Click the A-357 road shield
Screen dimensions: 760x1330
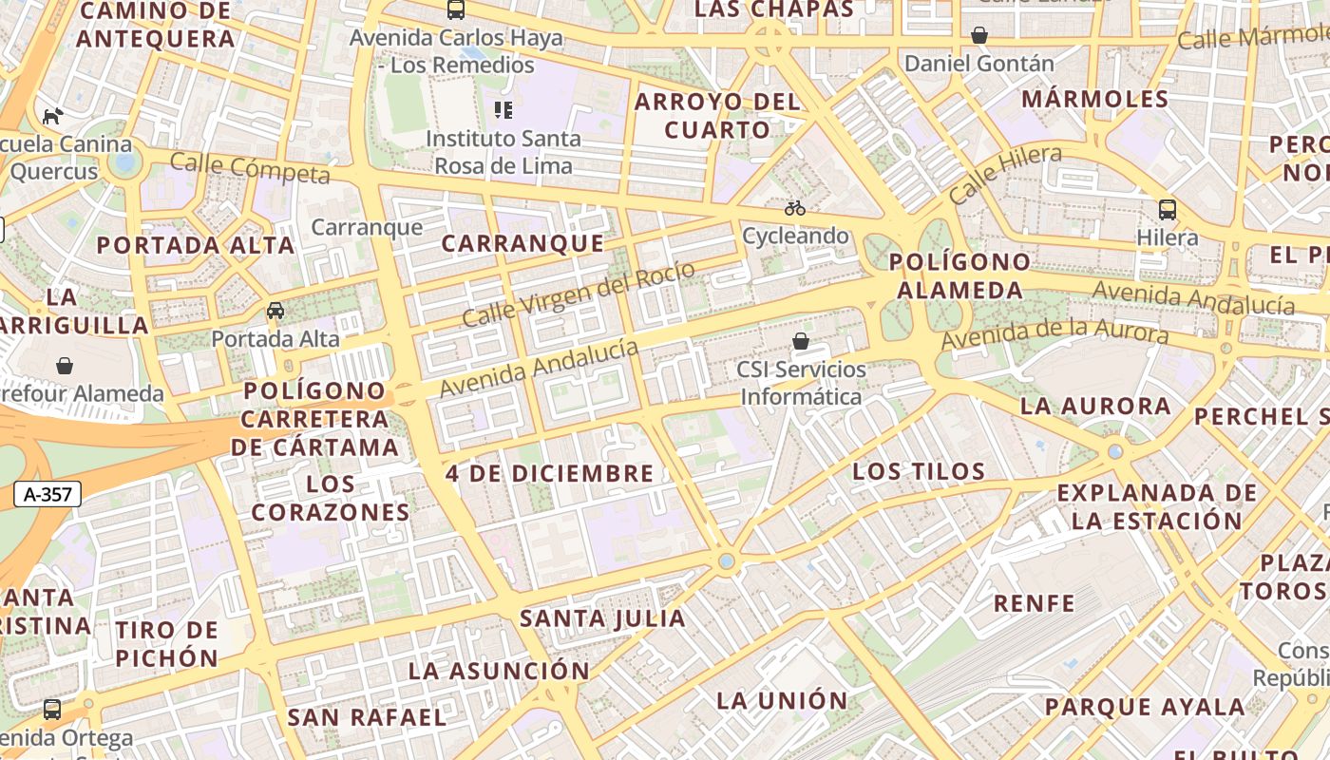pyautogui.click(x=47, y=494)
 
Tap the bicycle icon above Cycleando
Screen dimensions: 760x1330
pyautogui.click(x=795, y=207)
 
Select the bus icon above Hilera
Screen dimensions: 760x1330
pyautogui.click(x=1168, y=210)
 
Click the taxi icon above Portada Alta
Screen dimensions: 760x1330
pyautogui.click(x=275, y=311)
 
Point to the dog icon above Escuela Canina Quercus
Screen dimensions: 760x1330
pyautogui.click(x=53, y=116)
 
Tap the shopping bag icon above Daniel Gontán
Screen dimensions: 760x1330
pyautogui.click(x=979, y=35)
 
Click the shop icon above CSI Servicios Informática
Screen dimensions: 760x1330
pyautogui.click(x=801, y=341)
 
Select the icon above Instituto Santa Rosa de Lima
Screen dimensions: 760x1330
pyautogui.click(x=503, y=110)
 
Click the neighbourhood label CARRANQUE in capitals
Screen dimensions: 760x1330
pyautogui.click(x=522, y=243)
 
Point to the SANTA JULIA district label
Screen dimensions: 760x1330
pyautogui.click(x=602, y=618)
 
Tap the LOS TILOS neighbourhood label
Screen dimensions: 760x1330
pyautogui.click(x=919, y=471)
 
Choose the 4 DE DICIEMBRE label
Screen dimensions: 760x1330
pyautogui.click(x=550, y=473)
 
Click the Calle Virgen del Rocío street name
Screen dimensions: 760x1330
pyautogui.click(x=579, y=294)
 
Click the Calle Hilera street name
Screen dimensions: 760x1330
pyautogui.click(x=1005, y=174)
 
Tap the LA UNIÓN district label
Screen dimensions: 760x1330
pyautogui.click(x=782, y=701)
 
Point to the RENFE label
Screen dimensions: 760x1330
pyautogui.click(x=1035, y=603)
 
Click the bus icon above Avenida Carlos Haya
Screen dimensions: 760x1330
pyautogui.click(x=456, y=10)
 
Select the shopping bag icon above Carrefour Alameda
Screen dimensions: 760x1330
pyautogui.click(x=65, y=366)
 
